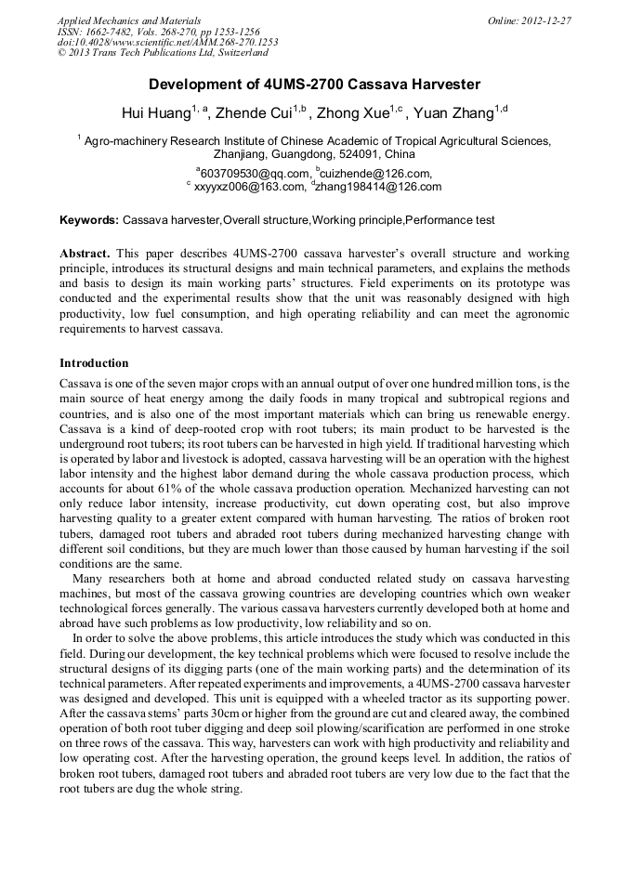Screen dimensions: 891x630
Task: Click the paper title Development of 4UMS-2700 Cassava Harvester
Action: (314, 85)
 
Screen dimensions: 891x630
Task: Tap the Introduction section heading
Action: (94, 362)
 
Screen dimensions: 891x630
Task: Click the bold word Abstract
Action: (85, 253)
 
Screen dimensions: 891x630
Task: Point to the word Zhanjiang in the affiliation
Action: (243, 154)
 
